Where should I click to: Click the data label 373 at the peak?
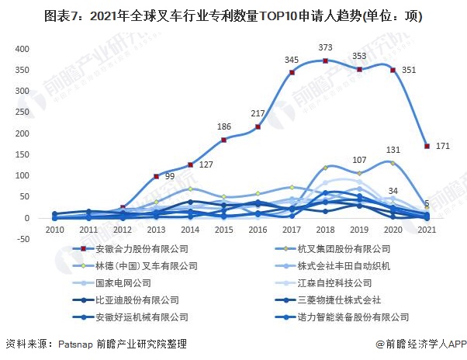326,48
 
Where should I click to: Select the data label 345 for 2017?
292,60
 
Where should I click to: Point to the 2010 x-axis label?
54,230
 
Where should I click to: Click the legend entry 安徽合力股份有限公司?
142,249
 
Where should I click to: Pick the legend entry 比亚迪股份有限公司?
137,300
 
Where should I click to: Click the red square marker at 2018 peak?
326,61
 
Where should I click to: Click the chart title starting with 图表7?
233,15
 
